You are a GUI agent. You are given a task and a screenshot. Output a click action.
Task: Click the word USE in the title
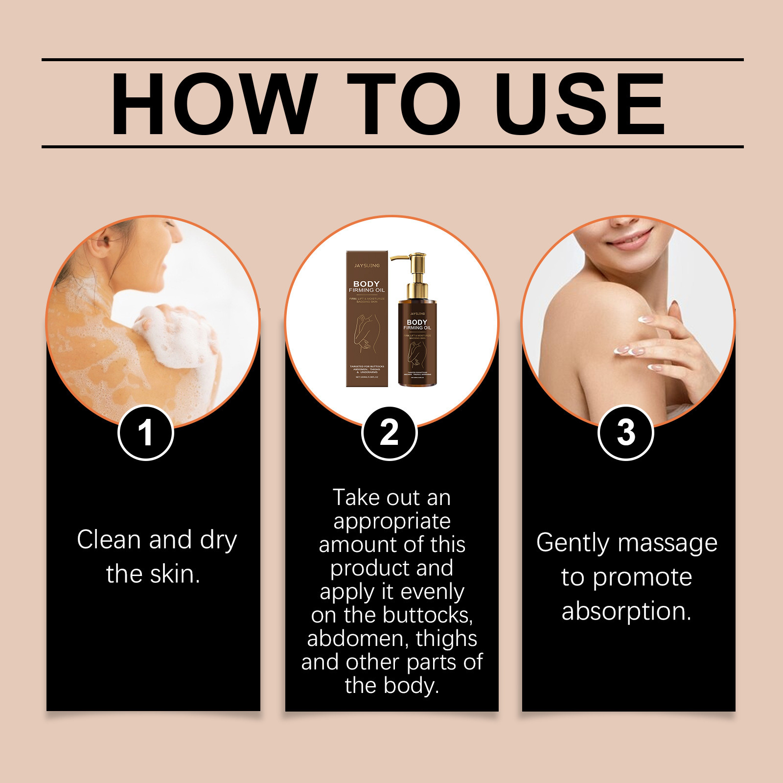pos(579,104)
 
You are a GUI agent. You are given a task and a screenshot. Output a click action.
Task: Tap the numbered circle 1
pos(145,433)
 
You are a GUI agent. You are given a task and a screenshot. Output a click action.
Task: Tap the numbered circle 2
pos(389,433)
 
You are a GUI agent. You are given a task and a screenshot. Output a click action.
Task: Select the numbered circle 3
pos(625,433)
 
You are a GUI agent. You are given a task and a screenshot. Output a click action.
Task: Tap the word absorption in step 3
pos(626,611)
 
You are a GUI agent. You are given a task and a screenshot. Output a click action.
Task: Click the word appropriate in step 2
pos(392,522)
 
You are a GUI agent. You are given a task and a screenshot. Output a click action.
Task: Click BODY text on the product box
pos(367,284)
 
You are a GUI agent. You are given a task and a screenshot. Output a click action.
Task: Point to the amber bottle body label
pos(417,343)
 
